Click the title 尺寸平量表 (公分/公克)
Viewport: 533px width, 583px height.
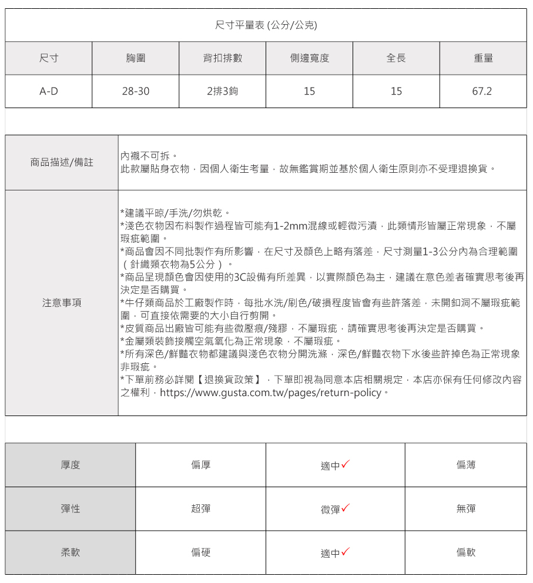[x=266, y=25]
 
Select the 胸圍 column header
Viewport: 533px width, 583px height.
[x=135, y=58]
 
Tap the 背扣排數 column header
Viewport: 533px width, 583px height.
[x=222, y=58]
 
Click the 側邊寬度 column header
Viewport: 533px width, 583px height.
[x=309, y=58]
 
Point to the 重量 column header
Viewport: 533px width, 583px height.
[x=482, y=58]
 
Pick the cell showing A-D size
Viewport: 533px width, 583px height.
[x=48, y=91]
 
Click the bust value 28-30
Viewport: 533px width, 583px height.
[x=135, y=91]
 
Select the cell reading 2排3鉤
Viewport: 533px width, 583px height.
[x=222, y=91]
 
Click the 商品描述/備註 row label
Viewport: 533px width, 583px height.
[x=62, y=162]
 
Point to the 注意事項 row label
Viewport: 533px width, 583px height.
[x=62, y=303]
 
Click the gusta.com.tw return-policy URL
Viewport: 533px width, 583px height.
[x=270, y=392]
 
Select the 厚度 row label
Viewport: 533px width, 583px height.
[x=71, y=465]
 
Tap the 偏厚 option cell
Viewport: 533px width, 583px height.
[x=200, y=465]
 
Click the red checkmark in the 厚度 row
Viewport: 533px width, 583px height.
[x=346, y=464]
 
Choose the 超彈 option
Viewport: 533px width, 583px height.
[x=200, y=509]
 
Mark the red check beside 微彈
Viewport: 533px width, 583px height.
[x=346, y=508]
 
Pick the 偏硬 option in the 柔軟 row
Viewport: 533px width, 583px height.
[x=200, y=552]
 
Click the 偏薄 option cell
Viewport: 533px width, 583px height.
[x=465, y=465]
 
